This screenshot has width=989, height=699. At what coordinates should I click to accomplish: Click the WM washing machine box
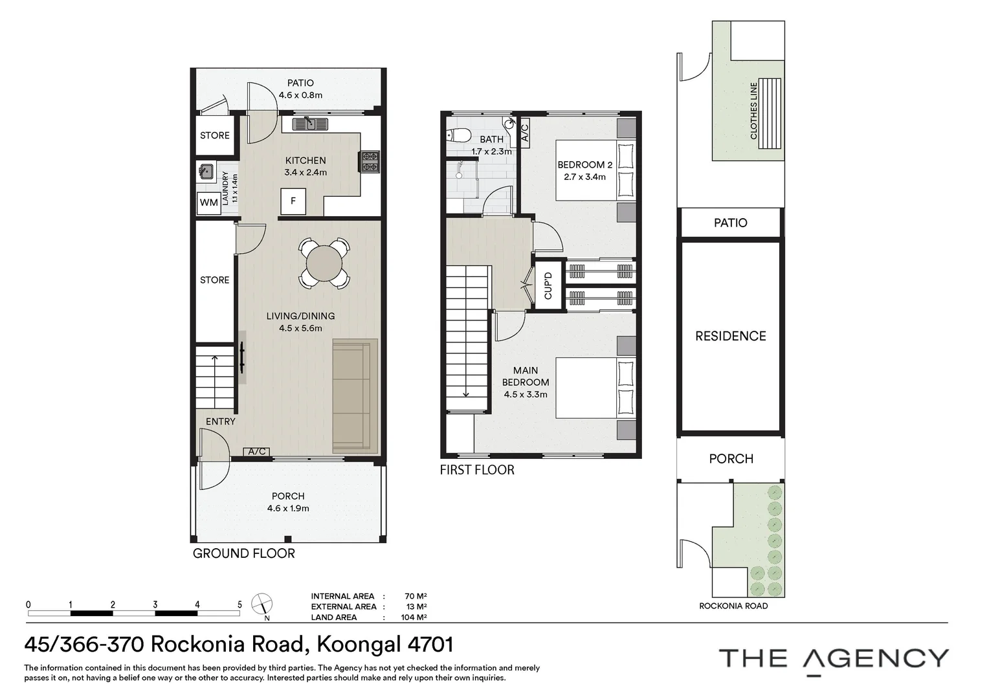tap(209, 203)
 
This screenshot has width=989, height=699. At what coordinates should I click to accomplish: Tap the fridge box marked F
tap(293, 201)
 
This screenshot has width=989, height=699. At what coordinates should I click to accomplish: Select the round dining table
tap(324, 263)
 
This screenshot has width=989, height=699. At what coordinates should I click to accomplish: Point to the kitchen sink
tap(310, 124)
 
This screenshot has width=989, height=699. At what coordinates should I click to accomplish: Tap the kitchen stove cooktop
tap(370, 162)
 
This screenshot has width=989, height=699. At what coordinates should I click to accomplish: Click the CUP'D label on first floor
tap(548, 285)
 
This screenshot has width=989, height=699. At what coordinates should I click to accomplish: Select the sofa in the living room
tap(355, 395)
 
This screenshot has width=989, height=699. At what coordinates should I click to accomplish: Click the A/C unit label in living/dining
tap(256, 451)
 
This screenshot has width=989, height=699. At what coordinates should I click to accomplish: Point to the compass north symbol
tap(262, 605)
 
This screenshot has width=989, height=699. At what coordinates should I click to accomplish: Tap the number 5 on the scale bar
tap(239, 605)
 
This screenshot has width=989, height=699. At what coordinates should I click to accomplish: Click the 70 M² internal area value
tap(416, 596)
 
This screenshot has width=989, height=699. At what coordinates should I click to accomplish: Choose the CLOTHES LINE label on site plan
tap(753, 111)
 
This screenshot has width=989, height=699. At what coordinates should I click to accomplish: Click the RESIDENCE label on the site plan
tap(731, 336)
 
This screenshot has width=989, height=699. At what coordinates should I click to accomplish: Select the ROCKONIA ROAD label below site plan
tap(733, 606)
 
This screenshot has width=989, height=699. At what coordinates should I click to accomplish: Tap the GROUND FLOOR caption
tap(244, 553)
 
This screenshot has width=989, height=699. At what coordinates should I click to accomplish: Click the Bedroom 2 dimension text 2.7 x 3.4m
tap(584, 177)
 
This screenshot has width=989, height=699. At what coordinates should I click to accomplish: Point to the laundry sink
tap(206, 171)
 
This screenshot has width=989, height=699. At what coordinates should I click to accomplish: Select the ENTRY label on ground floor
tap(220, 421)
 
